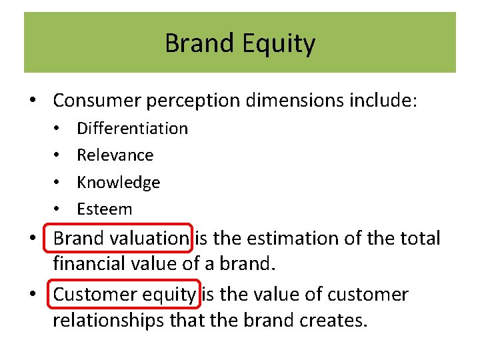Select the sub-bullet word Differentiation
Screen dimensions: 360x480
(x=132, y=128)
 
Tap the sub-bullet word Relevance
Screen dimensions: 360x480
(x=115, y=155)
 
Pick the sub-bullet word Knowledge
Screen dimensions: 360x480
(x=118, y=182)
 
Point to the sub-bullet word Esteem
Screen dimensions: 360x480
(x=104, y=209)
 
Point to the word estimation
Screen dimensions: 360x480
(x=282, y=238)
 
